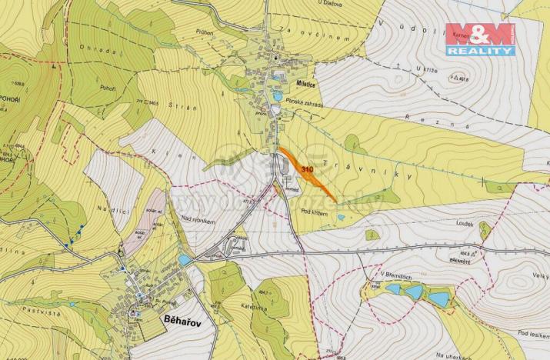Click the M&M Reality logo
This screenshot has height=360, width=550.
pos(480,38)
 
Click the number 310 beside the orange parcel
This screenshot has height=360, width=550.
pos(308,168)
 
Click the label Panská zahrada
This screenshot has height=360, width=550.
pos(303,102)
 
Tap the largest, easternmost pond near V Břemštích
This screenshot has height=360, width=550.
pos(439,297)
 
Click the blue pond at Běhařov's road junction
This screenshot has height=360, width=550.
pos(185,260)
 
